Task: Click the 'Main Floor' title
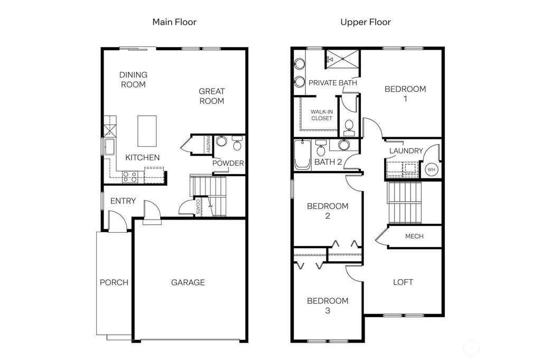coord(174,22)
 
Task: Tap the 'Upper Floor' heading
coord(365,22)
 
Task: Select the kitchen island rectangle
coord(147,130)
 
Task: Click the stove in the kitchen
coord(130,177)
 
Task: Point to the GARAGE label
coord(188,282)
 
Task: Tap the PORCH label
coord(114,282)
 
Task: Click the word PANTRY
coord(208,145)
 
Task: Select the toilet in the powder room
coord(236,144)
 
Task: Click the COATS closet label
coord(198,206)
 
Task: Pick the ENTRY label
coord(123,201)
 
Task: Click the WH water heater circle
coord(431,170)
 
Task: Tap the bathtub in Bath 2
coord(302,155)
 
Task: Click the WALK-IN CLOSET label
coord(322,115)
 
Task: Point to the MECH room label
coord(414,236)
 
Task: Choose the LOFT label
coord(403,282)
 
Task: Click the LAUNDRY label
coord(406,151)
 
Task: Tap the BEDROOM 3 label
coord(328,306)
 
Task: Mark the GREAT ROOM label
coord(211,96)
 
